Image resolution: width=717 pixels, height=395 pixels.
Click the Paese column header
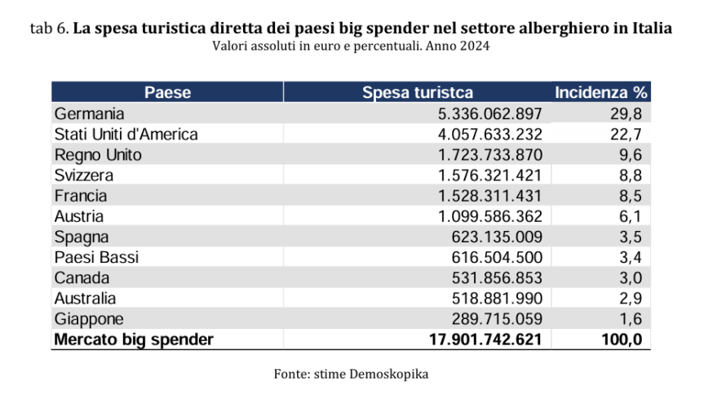pos(168,92)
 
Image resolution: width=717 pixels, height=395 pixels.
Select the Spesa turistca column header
pos(417,92)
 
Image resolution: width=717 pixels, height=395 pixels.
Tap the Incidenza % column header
pos(601,92)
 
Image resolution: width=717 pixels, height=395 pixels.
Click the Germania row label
pos(89,113)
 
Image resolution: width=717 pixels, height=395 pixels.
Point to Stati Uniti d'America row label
pos(126,134)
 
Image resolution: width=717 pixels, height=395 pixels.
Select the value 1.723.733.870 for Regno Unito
pos(490,154)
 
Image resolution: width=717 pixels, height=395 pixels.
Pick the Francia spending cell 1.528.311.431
pos(490,196)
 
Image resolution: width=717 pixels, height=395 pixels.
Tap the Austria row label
pos(80,216)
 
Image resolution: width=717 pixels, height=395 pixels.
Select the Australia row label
pos(86,298)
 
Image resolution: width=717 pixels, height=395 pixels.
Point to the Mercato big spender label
pos(134,340)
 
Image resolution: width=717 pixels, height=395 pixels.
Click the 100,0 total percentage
pos(622,340)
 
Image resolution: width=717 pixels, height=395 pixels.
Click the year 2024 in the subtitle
pos(473,46)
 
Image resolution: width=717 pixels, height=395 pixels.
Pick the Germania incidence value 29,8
pos(626,113)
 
